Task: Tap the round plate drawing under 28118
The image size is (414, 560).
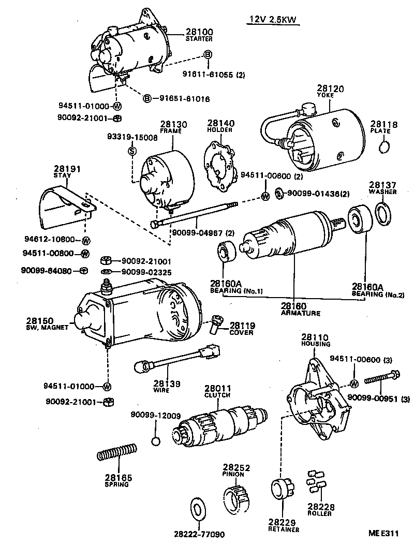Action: coord(384,149)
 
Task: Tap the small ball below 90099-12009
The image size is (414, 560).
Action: coord(155,441)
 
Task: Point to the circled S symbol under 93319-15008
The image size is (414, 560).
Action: coord(131,151)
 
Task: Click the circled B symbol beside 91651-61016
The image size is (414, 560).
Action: coord(147,98)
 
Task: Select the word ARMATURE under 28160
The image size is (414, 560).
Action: coord(300,313)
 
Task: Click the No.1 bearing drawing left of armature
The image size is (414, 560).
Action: coord(226,252)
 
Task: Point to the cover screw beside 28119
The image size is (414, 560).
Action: coord(216,325)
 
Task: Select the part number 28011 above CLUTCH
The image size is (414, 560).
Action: coord(217,388)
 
